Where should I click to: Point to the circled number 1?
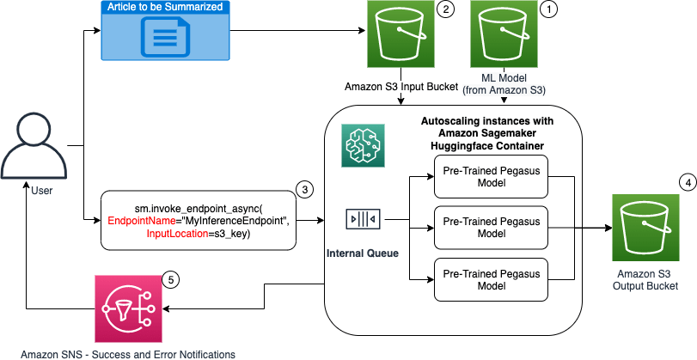[x=547, y=9]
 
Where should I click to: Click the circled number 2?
[x=444, y=9]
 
